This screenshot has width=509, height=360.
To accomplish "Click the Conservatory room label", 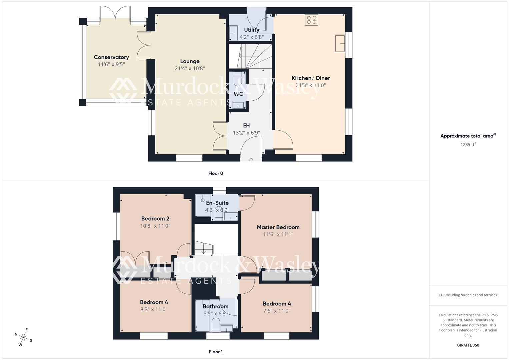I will pyautogui.click(x=111, y=57).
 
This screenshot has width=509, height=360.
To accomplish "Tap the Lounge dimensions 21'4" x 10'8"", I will pyautogui.click(x=190, y=68).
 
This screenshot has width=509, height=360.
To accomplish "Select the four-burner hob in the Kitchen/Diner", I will pyautogui.click(x=311, y=20).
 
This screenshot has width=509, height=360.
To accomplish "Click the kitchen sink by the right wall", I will pyautogui.click(x=340, y=43).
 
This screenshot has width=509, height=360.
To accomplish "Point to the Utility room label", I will pyautogui.click(x=251, y=30).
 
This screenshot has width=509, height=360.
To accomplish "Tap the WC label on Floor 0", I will pyautogui.click(x=238, y=94).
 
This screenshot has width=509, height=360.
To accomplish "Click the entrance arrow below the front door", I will pyautogui.click(x=251, y=160).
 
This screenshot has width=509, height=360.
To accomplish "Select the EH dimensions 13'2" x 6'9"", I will pyautogui.click(x=246, y=133).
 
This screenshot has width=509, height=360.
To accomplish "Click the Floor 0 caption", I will pyautogui.click(x=216, y=173).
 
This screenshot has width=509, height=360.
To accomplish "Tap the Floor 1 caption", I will pyautogui.click(x=216, y=352).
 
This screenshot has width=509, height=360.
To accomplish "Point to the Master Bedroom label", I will pyautogui.click(x=278, y=227).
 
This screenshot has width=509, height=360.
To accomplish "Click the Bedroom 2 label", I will pyautogui.click(x=155, y=219).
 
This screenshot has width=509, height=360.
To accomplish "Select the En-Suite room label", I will pyautogui.click(x=217, y=203).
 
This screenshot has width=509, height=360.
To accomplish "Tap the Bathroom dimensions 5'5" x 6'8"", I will pyautogui.click(x=215, y=314).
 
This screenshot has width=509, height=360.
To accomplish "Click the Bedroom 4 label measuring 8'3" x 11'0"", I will pyautogui.click(x=154, y=302).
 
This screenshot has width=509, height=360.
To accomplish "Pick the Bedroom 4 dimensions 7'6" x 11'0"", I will pyautogui.click(x=277, y=311).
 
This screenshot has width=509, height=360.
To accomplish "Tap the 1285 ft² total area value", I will pyautogui.click(x=468, y=144).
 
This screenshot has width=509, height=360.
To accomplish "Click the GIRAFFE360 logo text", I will pyautogui.click(x=468, y=345).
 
